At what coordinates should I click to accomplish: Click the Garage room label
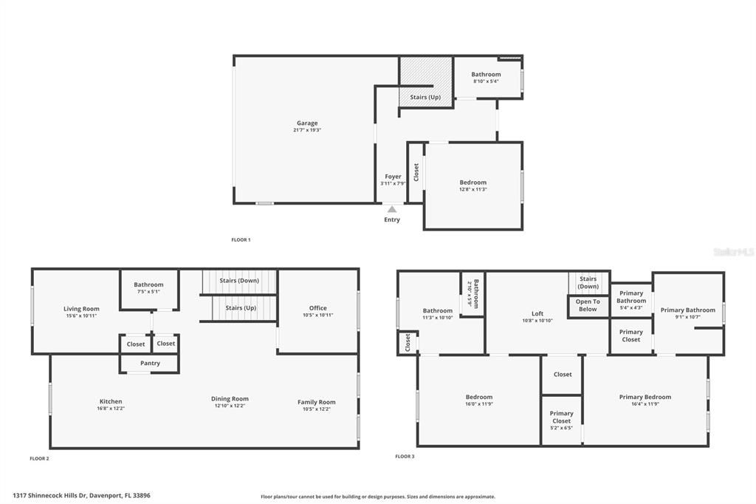[x=307, y=123]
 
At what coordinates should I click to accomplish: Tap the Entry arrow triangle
[x=392, y=210]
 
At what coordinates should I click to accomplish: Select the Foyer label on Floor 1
[x=393, y=177]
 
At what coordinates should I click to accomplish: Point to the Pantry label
[x=149, y=364]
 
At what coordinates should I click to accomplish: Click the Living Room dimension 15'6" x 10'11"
[x=80, y=316]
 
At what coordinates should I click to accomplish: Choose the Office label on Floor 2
[x=318, y=308]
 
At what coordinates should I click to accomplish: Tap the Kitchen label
[x=111, y=401]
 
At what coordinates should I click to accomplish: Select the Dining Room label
[x=230, y=398]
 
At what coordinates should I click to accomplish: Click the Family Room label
[x=317, y=402]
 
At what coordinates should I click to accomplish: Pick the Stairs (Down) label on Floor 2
[x=238, y=281]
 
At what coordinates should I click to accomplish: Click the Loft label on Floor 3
[x=537, y=313]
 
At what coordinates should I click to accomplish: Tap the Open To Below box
[x=588, y=305]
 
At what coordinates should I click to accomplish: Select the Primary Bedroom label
[x=645, y=397]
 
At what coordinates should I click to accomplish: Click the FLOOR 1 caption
[x=241, y=239]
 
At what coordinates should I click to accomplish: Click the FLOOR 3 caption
[x=405, y=456]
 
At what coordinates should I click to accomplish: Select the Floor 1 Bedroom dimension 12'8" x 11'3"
[x=473, y=189]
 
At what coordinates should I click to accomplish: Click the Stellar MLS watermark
[x=733, y=252]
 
